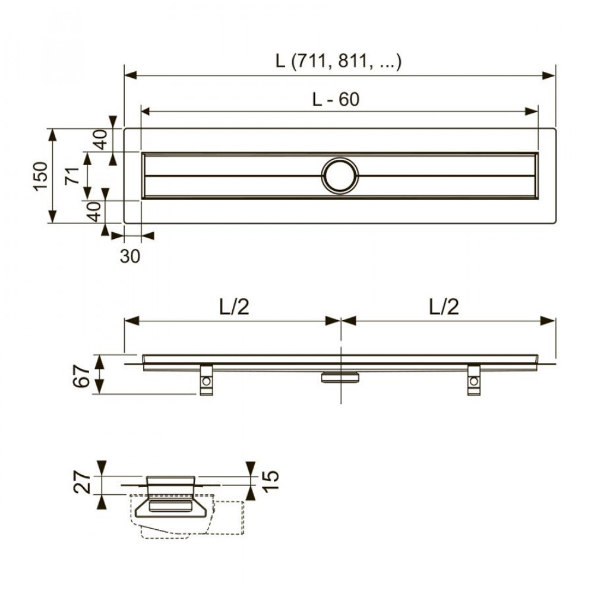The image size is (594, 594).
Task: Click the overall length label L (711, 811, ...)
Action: click(339, 61)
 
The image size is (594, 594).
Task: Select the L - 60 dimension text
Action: click(336, 99)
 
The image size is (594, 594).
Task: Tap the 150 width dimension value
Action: click(40, 176)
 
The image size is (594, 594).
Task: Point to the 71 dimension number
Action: click(72, 176)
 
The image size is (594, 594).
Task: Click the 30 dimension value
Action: click(131, 256)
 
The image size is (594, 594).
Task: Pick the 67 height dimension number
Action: click(81, 375)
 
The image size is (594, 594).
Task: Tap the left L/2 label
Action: click(231, 307)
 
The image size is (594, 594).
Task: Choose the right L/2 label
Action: click(444, 307)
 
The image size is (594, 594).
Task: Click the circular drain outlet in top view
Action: click(340, 176)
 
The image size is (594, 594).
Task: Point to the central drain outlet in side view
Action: click(340, 377)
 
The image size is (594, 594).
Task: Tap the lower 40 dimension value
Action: click(94, 211)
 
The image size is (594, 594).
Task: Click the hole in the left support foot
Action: click(206, 383)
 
